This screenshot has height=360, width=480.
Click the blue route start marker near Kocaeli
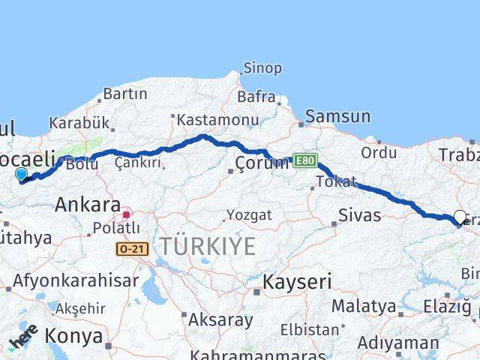coord(20,175)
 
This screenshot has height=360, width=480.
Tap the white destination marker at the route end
coord(460,217)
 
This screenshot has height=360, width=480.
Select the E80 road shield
coord(304,160)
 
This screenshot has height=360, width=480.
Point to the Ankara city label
coord(88,204)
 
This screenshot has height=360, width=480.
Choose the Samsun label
coord(337,116)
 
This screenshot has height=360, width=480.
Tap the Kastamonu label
coord(217,120)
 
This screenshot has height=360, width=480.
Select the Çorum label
coord(262,163)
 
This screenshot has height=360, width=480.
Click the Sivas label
coord(361,216)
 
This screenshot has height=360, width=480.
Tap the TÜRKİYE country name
coord(207,246)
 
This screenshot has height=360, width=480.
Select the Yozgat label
coord(250,215)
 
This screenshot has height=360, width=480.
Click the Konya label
coord(74,336)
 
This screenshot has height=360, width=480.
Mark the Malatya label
coord(364,306)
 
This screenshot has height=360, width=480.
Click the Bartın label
coord(125,94)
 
